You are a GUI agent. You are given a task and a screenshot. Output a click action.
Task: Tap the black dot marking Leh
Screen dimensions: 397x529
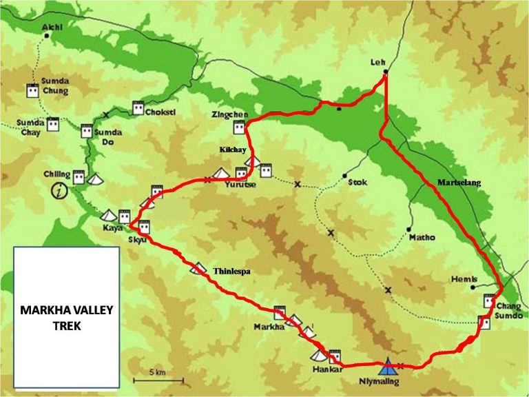point(385,72)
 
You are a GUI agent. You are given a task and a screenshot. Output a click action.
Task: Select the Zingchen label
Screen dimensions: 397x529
point(231,115)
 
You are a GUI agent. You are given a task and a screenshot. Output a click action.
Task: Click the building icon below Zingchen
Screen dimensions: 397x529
point(239,128)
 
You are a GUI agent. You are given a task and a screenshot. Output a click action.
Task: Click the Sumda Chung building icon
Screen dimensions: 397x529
point(32,90)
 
